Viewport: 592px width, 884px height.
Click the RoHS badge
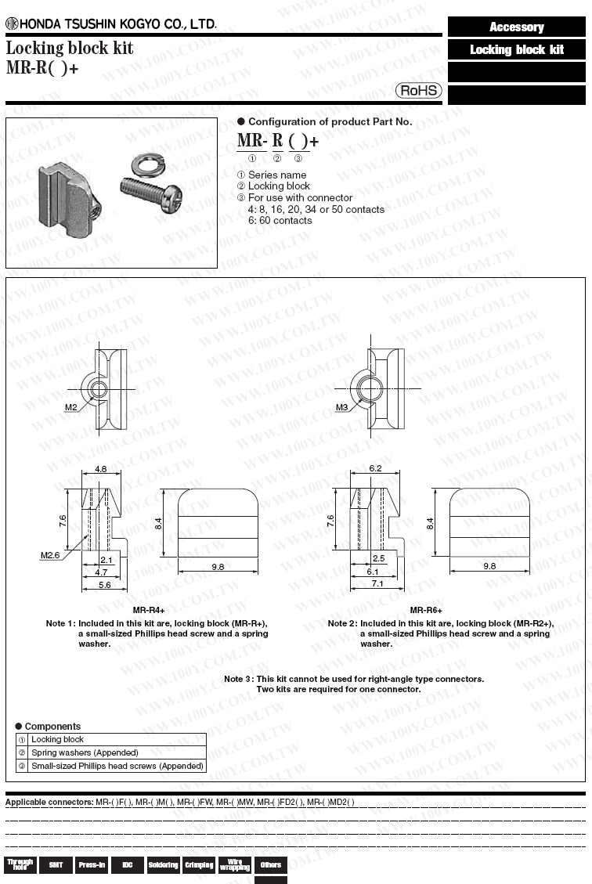tap(419, 91)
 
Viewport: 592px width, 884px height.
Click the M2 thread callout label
tap(71, 407)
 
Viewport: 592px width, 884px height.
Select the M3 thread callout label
tap(342, 407)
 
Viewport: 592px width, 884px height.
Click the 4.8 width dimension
tap(101, 468)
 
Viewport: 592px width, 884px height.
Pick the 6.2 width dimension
tap(375, 468)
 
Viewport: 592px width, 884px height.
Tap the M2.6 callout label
tap(51, 555)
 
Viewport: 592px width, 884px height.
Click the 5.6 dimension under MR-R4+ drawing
tap(103, 584)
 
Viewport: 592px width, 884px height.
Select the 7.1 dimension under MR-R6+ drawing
tap(377, 584)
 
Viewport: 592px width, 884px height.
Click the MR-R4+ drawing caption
tap(149, 610)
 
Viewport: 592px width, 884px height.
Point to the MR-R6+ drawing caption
tap(426, 610)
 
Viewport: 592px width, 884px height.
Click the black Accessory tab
tap(517, 27)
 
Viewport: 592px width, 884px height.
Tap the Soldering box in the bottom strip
tap(163, 864)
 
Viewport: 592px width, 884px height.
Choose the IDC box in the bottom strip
tap(127, 864)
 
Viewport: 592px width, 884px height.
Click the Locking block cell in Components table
tap(57, 739)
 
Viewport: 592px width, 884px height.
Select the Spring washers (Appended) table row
tap(85, 752)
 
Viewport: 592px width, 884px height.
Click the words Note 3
tap(238, 679)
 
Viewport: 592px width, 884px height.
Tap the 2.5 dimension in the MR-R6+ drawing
tap(379, 559)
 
